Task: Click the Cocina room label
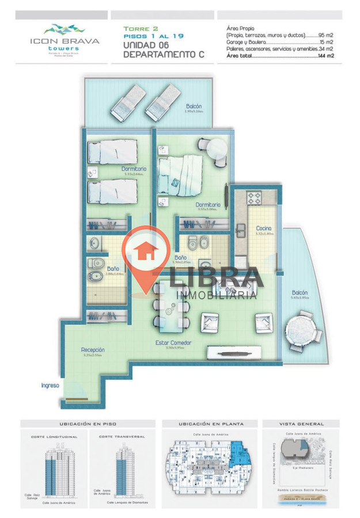point(264,228)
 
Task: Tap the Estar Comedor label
point(173,343)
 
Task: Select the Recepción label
point(92,349)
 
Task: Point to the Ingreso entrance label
point(50,385)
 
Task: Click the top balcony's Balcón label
point(194,106)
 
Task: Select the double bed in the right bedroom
point(180,170)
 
